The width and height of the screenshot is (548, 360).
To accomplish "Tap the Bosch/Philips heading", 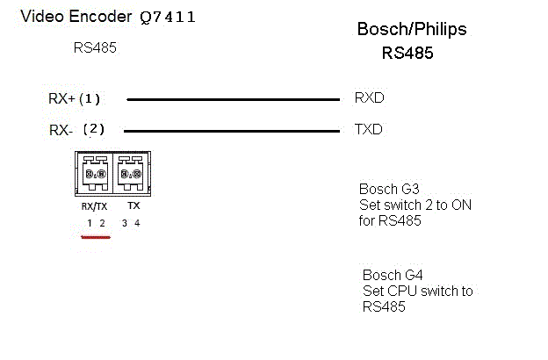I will pos(411,29).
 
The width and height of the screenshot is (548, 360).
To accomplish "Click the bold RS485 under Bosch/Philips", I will pos(407,53).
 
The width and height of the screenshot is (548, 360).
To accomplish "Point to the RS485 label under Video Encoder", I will pos(95,48).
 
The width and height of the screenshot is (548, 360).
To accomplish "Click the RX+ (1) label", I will pos(76,99).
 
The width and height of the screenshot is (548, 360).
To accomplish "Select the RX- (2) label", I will pos(76,130).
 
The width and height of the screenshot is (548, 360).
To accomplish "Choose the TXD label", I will pos(368,129).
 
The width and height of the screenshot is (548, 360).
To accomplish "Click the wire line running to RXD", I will pos(233,99).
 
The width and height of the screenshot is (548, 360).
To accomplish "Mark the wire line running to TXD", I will pos(233,132).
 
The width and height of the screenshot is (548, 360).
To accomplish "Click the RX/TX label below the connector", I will pos(94,205).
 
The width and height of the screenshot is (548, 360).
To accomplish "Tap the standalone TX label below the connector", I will pos(133,205).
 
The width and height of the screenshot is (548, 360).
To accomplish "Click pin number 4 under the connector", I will pos(137,224).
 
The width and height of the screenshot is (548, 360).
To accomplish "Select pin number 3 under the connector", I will pos(125,224).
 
